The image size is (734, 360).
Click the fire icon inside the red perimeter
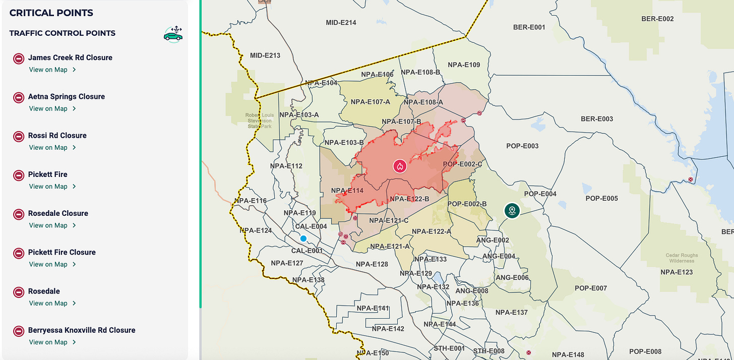tap(400, 165)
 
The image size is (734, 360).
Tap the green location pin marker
tap(512, 210)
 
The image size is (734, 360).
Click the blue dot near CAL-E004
tap(303, 238)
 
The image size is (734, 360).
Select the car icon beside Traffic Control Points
tap(173, 34)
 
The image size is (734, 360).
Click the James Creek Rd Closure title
tap(70, 57)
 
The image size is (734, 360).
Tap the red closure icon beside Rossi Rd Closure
tap(19, 136)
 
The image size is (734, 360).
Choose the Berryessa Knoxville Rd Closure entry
tap(81, 330)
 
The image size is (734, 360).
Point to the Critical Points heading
tap(51, 13)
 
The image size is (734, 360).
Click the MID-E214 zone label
tap(341, 23)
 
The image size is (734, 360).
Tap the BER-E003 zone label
tap(597, 119)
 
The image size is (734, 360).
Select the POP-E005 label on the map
tap(601, 198)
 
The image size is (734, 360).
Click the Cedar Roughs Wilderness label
tap(682, 258)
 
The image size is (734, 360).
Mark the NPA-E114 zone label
tap(347, 191)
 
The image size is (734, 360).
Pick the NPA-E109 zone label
tap(464, 65)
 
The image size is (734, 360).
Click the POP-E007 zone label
tap(591, 288)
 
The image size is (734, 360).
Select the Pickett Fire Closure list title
tap(62, 252)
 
